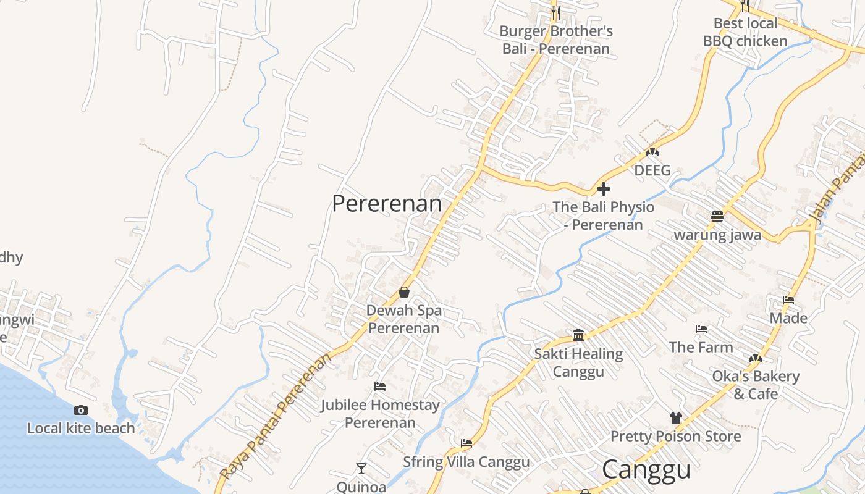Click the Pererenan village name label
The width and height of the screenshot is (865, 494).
[x=387, y=204]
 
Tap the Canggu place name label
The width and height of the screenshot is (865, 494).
[x=646, y=469]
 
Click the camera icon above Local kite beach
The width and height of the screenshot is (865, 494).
[x=80, y=411]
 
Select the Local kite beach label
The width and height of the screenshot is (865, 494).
[x=80, y=428]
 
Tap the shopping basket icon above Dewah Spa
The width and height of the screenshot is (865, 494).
[x=404, y=292]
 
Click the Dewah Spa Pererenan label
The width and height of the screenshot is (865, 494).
[x=404, y=319]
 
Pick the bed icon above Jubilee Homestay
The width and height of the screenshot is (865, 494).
[x=380, y=387]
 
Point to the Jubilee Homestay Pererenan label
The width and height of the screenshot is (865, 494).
[x=380, y=414]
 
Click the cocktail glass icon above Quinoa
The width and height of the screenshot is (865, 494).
[x=361, y=469]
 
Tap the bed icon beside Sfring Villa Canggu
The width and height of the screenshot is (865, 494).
[x=466, y=443]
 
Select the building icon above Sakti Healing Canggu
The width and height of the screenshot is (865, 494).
[x=578, y=335]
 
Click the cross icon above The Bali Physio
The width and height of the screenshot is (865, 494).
[x=604, y=189]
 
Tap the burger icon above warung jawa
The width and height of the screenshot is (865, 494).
[x=717, y=217]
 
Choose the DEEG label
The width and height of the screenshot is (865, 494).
[x=652, y=170]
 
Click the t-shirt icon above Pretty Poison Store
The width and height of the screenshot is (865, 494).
[x=675, y=418]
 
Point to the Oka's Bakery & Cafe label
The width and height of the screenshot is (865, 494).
[x=756, y=385]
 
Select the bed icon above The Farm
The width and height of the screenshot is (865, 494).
[x=701, y=329]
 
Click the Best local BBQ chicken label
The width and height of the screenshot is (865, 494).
[x=745, y=32]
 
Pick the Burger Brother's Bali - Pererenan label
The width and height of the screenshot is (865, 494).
[x=556, y=40]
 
